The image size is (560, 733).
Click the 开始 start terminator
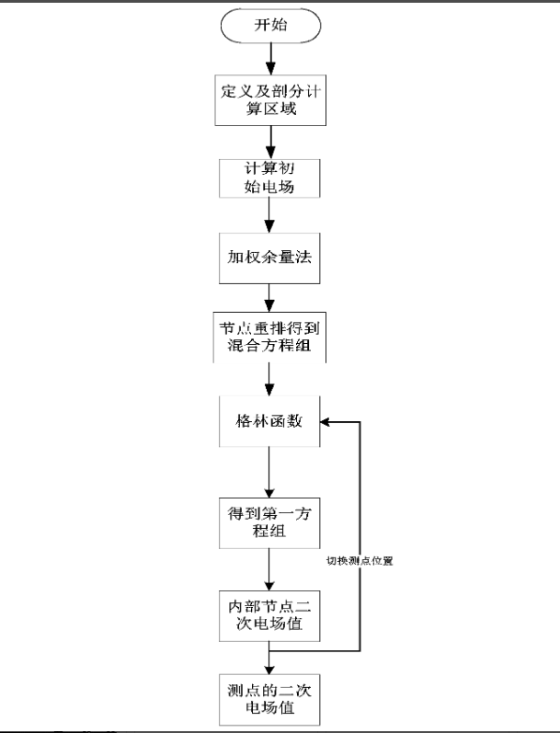pos(270,25)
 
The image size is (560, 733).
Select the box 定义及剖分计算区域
pos(270,100)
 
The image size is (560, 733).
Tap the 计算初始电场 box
pos(269,178)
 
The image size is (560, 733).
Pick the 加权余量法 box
pos(269,258)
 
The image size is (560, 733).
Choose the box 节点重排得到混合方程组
pos(269,338)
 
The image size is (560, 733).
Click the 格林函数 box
pos(269,421)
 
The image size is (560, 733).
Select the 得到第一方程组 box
pos(269,523)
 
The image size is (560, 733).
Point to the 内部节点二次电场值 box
pos(269,615)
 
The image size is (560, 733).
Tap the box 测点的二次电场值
pos(269,699)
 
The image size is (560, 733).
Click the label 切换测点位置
pos(360,560)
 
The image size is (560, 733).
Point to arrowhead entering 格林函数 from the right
pos(326,421)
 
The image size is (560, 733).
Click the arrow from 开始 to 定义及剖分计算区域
pos(270,59)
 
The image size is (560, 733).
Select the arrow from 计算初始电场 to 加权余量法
pos(269,215)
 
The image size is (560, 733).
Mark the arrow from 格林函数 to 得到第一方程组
pos(269,472)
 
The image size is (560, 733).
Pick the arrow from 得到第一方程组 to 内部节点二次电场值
pos(269,569)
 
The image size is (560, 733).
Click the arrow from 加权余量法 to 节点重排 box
pos(269,298)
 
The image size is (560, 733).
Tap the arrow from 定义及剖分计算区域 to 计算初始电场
pos(270,143)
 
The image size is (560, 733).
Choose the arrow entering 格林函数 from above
pos(269,380)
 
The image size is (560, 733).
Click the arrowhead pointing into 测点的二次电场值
pos(269,669)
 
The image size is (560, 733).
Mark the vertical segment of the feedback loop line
pos(360,536)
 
